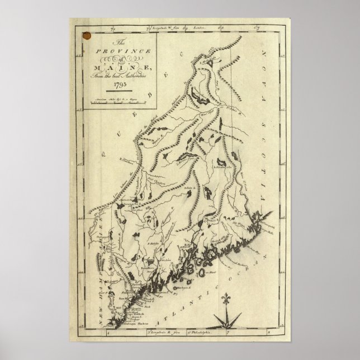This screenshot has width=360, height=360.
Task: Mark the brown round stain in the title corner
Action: pos(86,36)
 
